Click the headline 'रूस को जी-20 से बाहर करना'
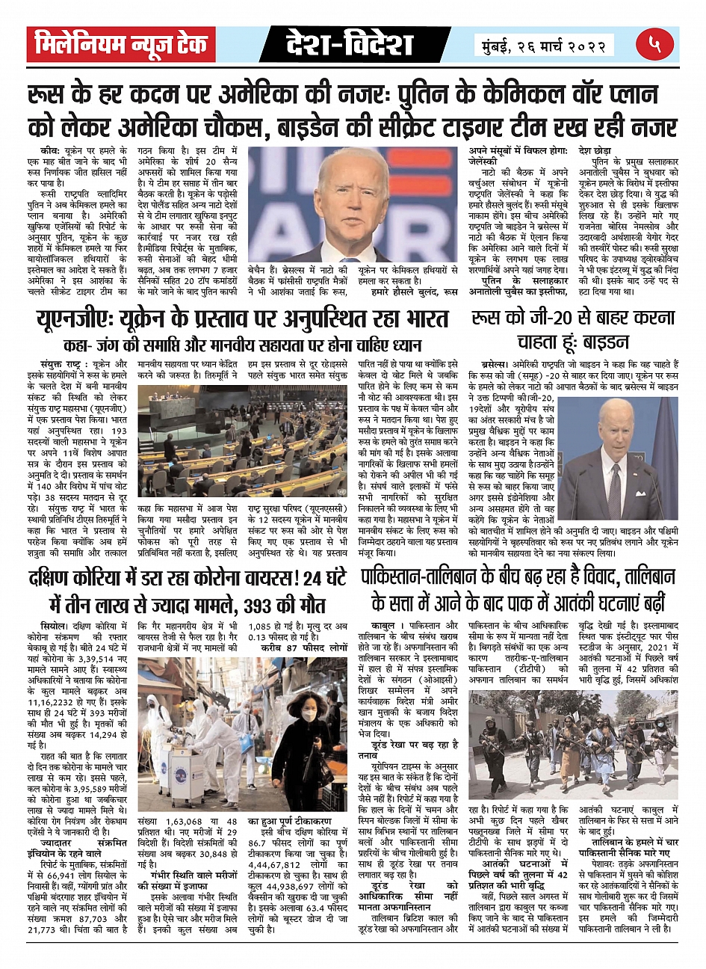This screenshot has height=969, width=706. [x=573, y=318]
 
